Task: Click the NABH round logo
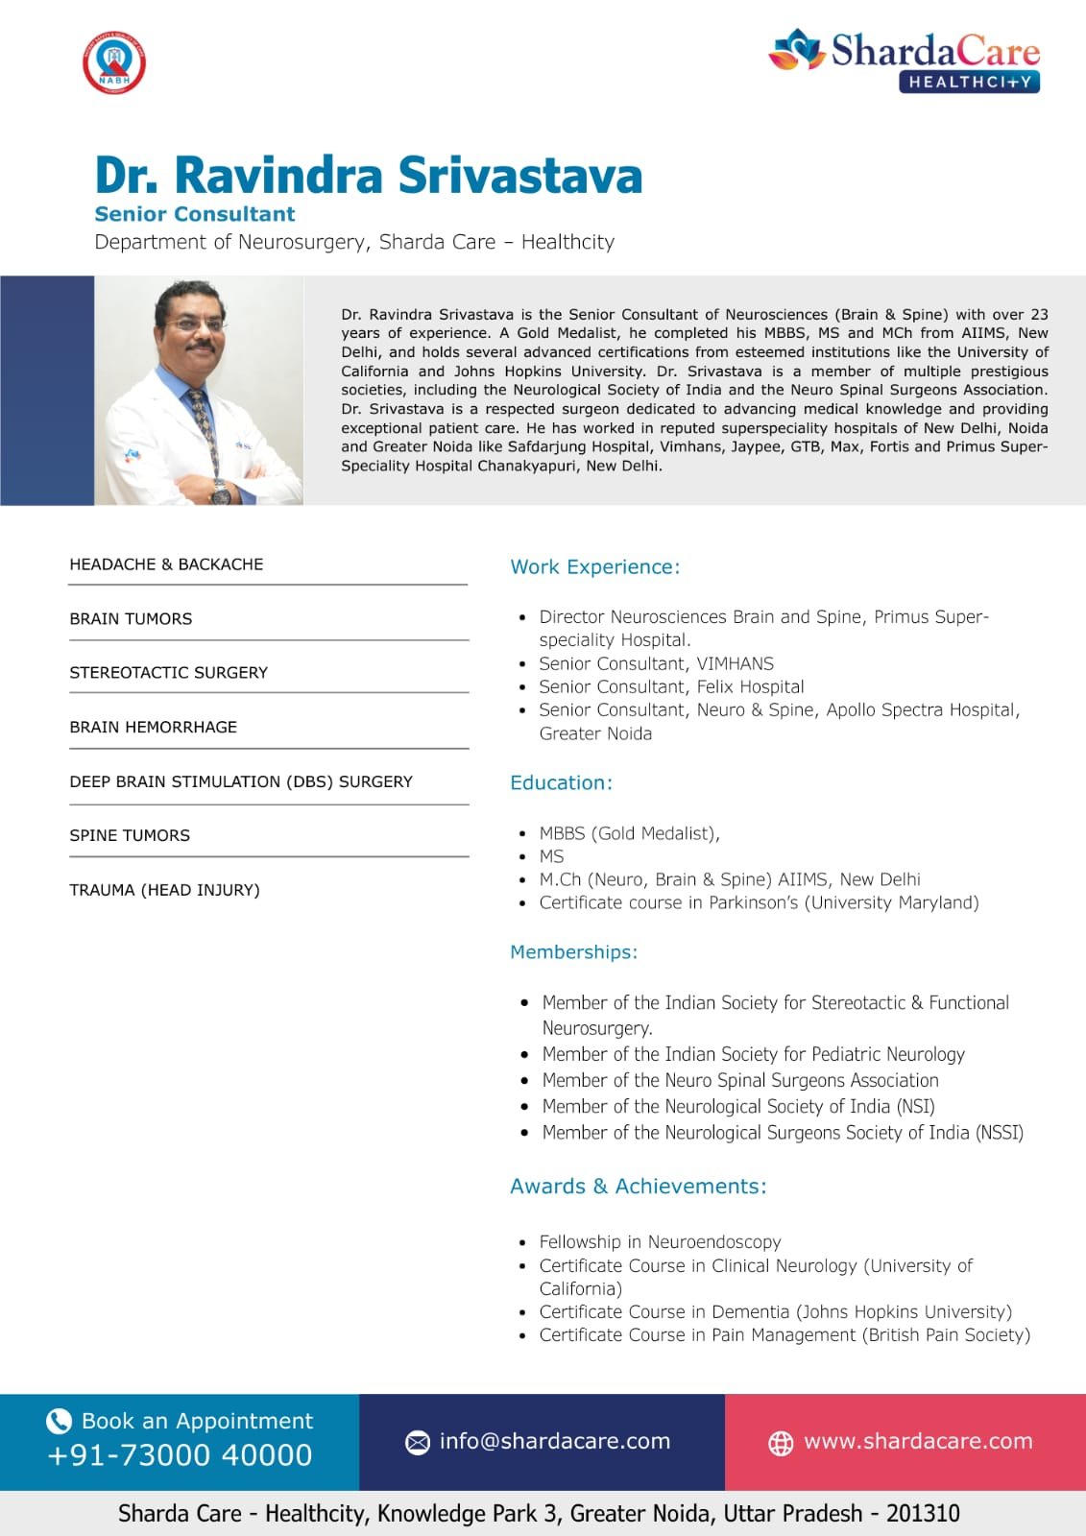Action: (x=114, y=63)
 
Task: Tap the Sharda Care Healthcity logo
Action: (x=905, y=60)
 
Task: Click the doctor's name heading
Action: (x=369, y=176)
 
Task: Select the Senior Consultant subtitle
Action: (x=195, y=214)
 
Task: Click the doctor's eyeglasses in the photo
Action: (x=194, y=325)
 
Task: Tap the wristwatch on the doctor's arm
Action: (x=221, y=493)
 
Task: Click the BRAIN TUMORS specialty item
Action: (x=131, y=619)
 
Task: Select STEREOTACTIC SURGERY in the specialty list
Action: (x=169, y=673)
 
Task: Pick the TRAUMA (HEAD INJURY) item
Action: (x=164, y=890)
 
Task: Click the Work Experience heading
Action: (x=594, y=567)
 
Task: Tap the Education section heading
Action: (x=561, y=782)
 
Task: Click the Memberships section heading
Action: (x=573, y=952)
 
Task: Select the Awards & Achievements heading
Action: (x=638, y=1187)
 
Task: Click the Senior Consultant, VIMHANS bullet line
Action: (x=656, y=663)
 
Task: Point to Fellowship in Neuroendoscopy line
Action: (x=660, y=1242)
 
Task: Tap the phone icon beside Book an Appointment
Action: (x=60, y=1421)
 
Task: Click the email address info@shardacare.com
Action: (x=555, y=1441)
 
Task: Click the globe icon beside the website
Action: (x=781, y=1443)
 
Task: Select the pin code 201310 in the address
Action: (x=923, y=1514)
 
